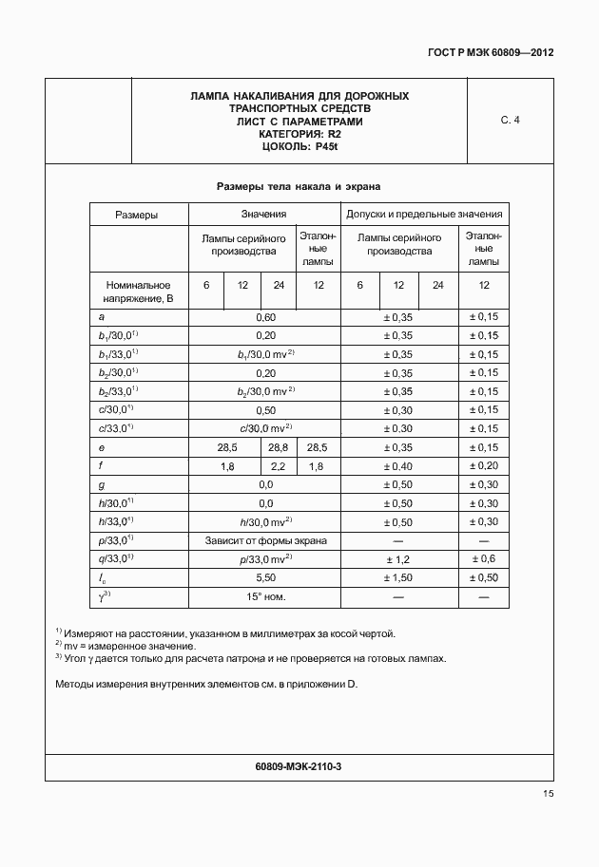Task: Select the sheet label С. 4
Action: (x=510, y=120)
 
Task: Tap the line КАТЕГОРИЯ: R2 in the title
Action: (x=299, y=134)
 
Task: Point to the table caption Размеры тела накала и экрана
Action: (x=299, y=186)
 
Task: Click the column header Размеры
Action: (x=137, y=215)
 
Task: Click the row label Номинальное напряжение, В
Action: (x=138, y=292)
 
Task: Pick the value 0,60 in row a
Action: (x=265, y=317)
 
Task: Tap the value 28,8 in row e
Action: (x=279, y=447)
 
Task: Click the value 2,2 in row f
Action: (x=279, y=466)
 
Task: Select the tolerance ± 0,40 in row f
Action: (x=398, y=466)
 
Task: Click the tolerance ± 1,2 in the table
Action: (x=398, y=558)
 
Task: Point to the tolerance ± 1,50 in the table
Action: (x=398, y=577)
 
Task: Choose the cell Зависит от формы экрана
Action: (x=265, y=540)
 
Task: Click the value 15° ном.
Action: (x=265, y=596)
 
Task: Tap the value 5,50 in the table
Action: (x=265, y=577)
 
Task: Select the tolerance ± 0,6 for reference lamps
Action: (x=484, y=558)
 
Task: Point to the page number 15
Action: (x=548, y=794)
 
